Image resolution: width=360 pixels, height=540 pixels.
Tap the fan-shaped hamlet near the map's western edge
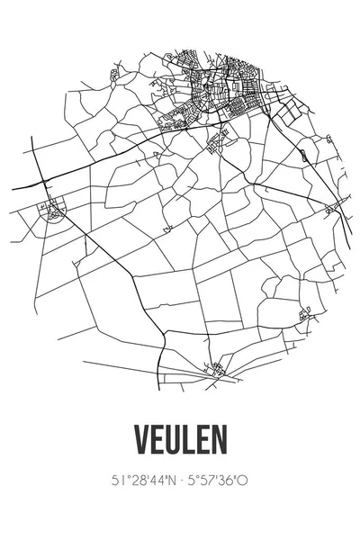point(53,212)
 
